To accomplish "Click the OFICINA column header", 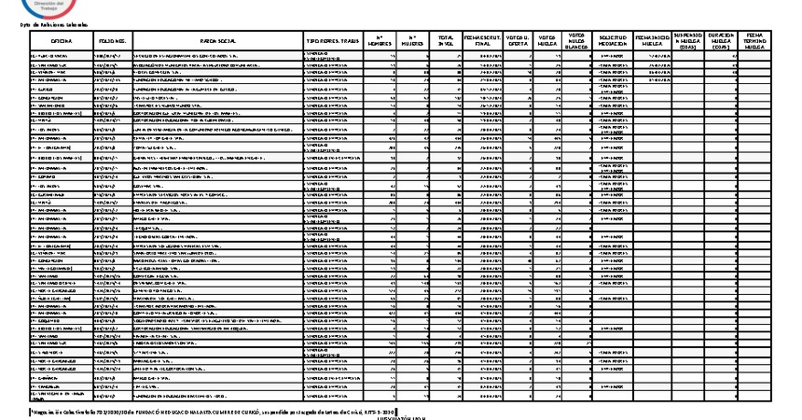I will tap(62, 42).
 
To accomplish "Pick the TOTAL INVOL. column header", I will tap(447, 41).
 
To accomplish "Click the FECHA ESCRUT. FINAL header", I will tap(483, 41).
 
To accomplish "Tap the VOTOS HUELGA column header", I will tap(550, 41).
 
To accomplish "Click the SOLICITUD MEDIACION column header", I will tap(614, 41).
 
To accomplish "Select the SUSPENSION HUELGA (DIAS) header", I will tap(689, 41).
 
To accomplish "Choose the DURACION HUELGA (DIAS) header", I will tap(724, 41).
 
